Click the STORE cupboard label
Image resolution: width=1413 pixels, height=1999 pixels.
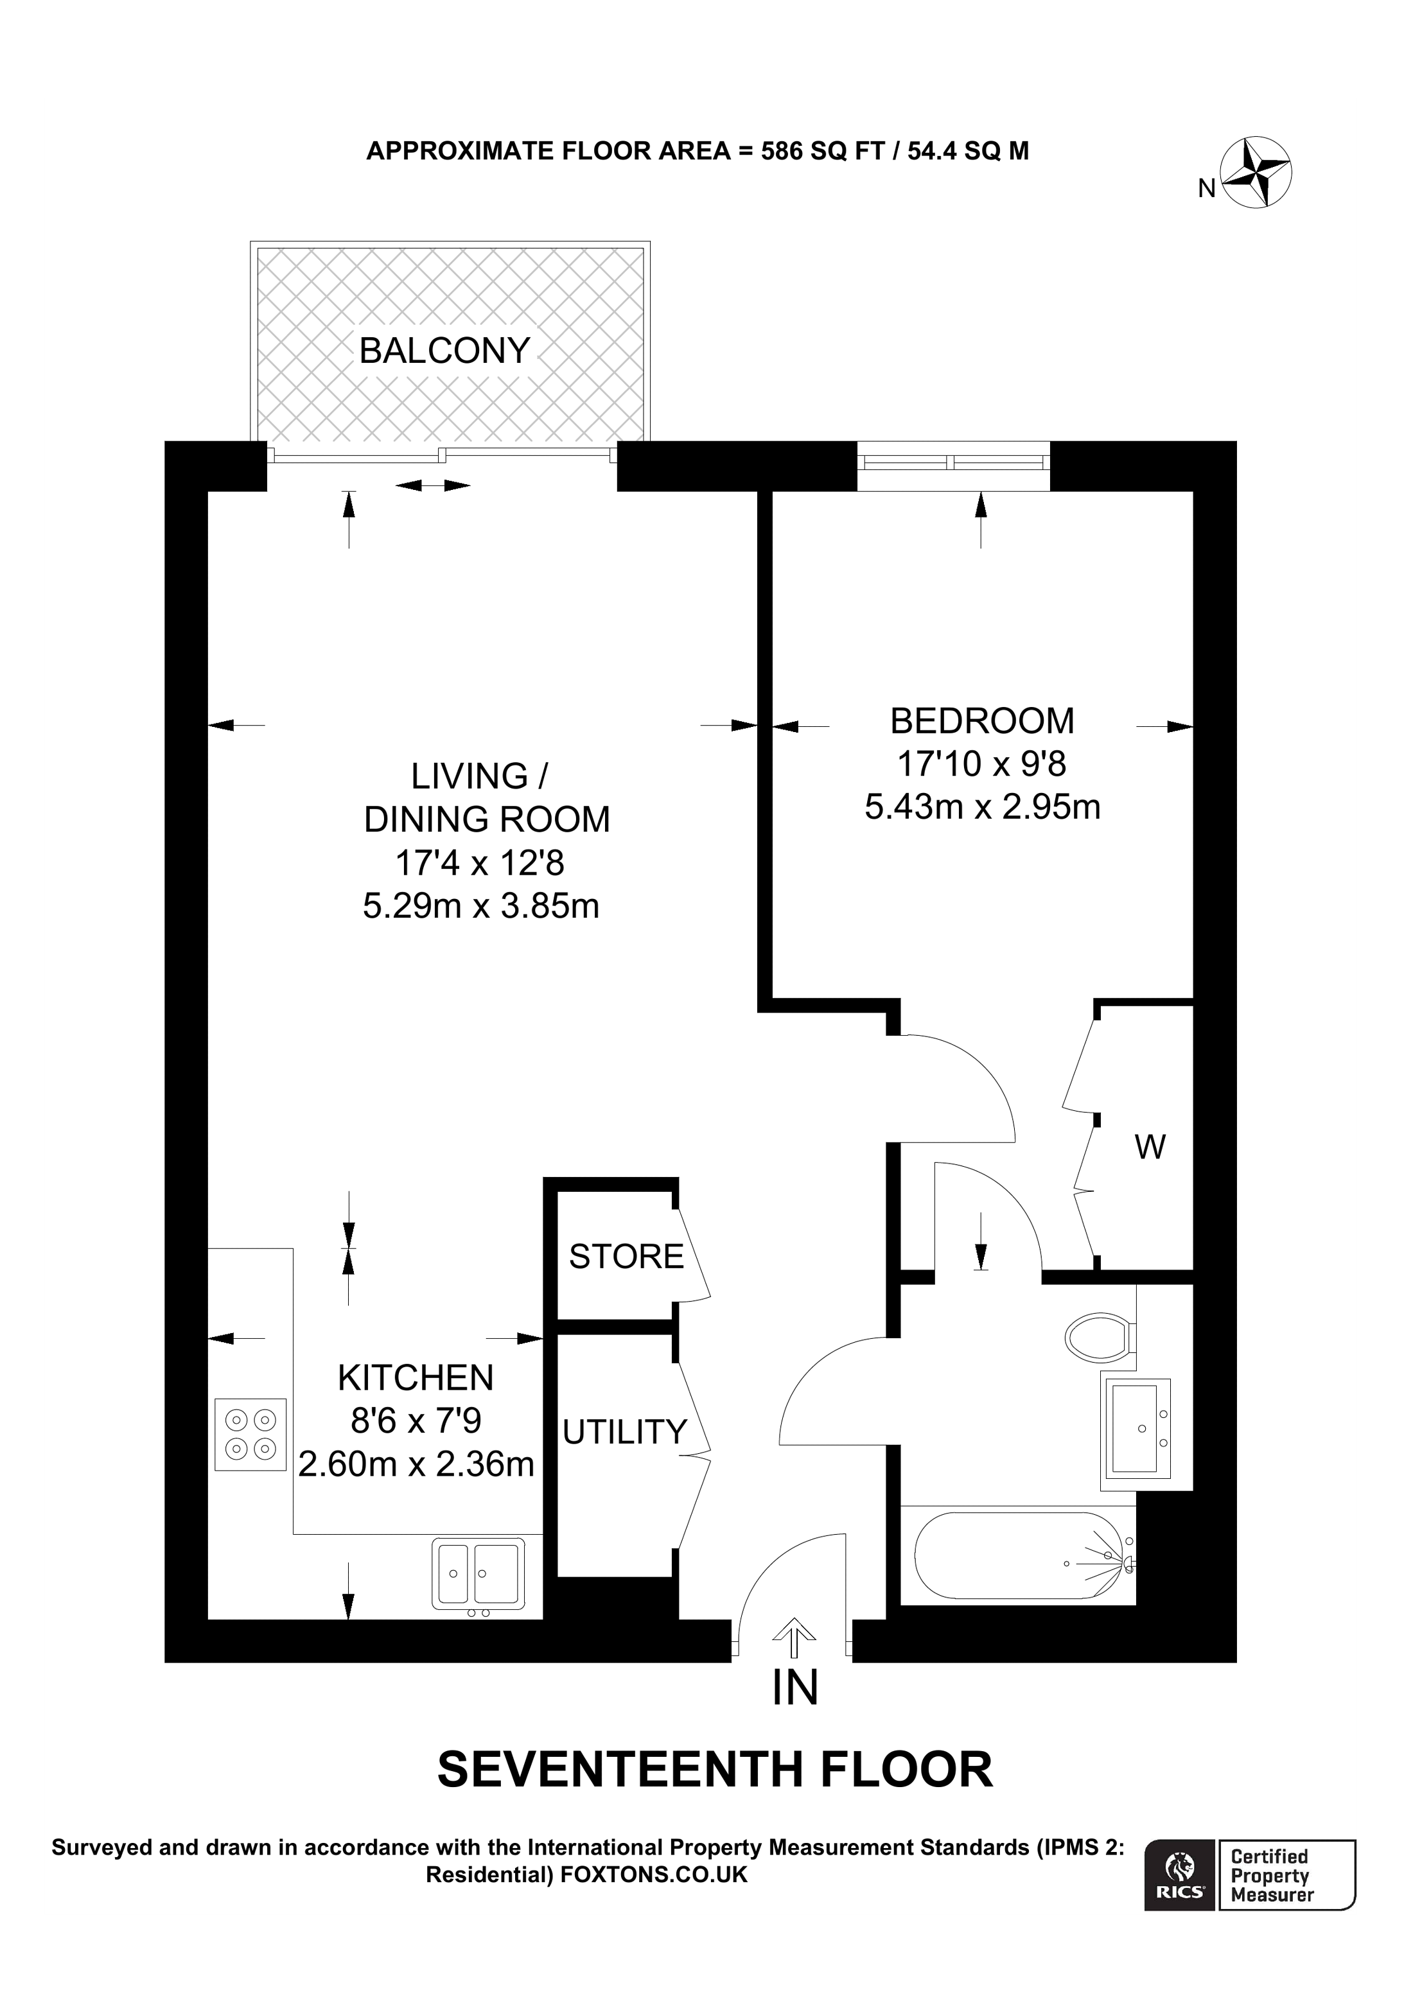click(x=626, y=1256)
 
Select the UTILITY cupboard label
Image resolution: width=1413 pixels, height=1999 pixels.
click(x=624, y=1432)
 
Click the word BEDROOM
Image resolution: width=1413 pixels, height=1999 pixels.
click(x=982, y=721)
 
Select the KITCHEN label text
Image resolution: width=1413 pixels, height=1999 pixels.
click(x=416, y=1378)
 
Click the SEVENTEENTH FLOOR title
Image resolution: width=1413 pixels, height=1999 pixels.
click(x=714, y=1769)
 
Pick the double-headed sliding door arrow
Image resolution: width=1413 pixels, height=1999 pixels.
click(x=433, y=485)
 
